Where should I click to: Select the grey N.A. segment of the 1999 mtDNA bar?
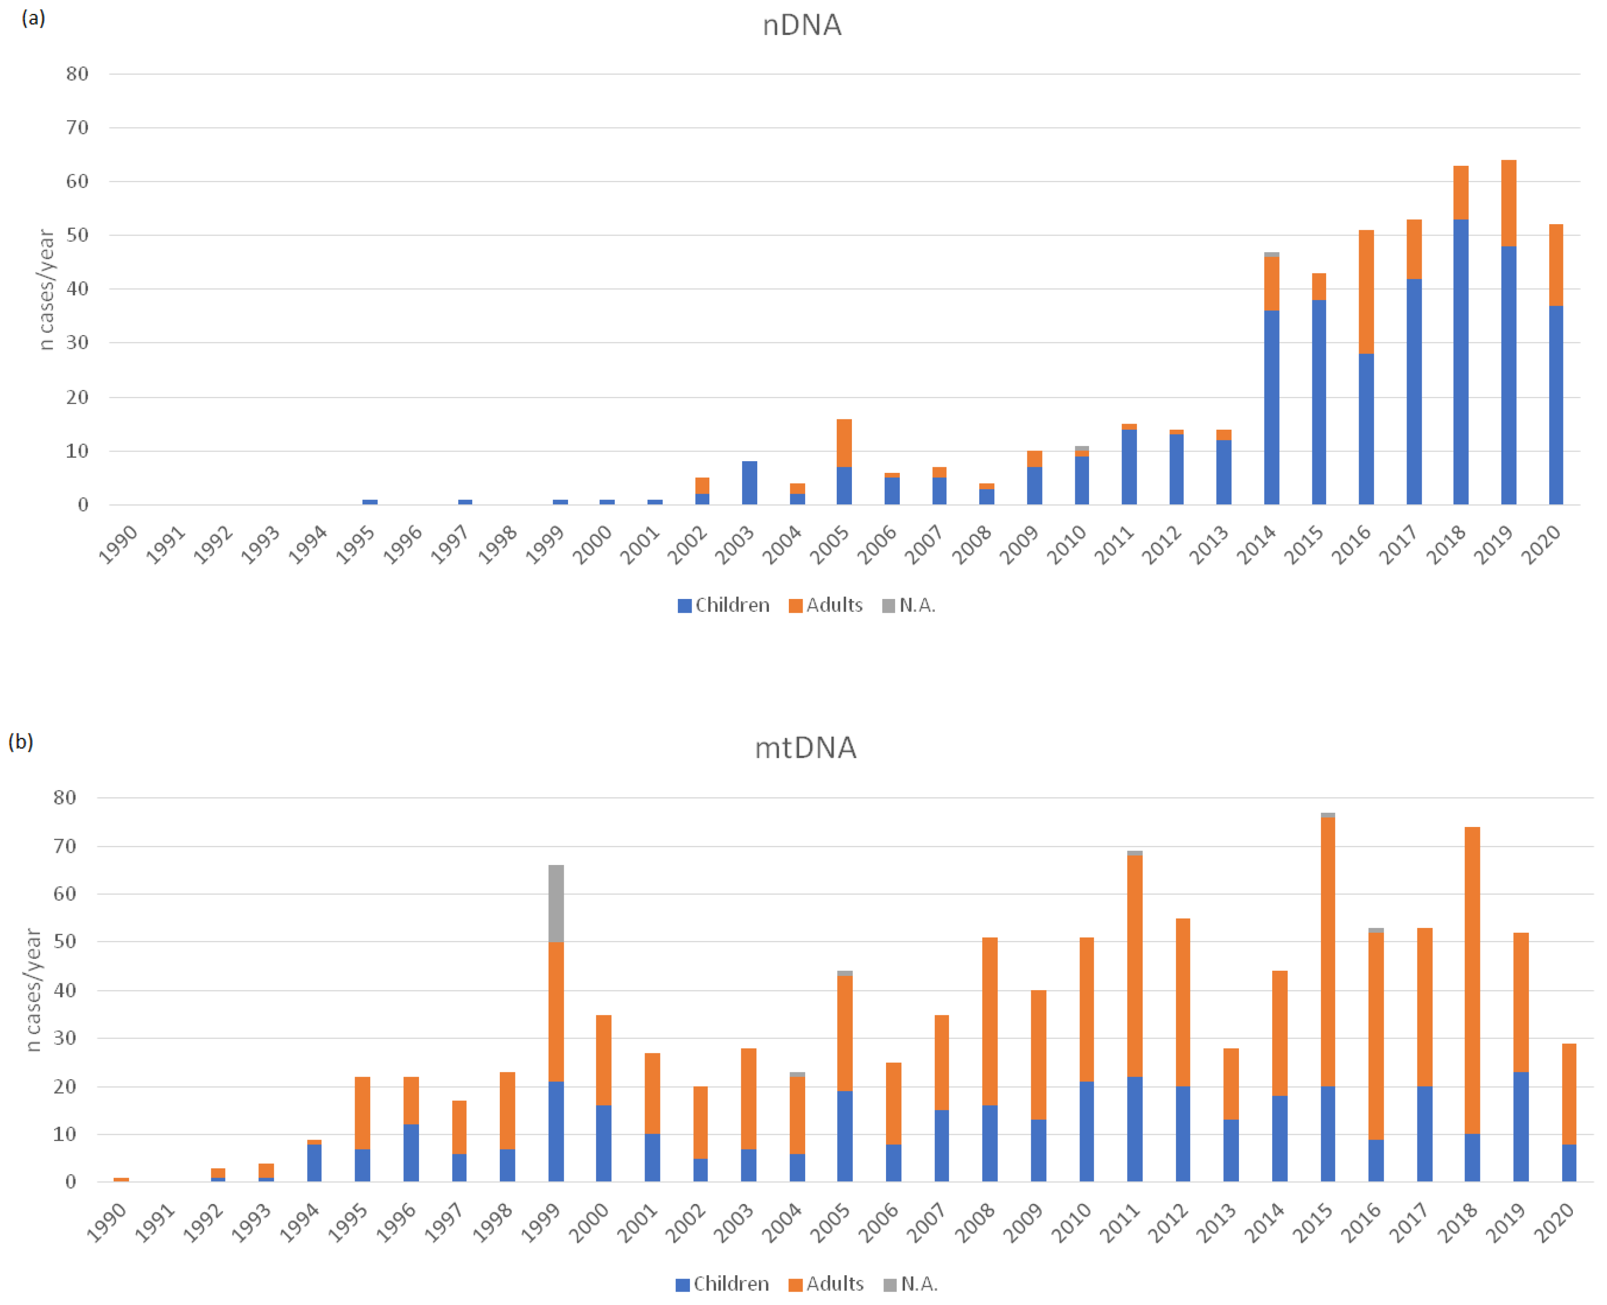[556, 903]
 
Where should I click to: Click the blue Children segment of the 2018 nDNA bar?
[1461, 361]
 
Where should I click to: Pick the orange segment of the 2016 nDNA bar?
[1366, 291]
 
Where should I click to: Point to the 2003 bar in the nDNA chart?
[749, 483]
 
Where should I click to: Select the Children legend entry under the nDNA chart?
[724, 605]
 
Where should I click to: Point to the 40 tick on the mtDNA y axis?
[65, 990]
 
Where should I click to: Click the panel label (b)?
[20, 742]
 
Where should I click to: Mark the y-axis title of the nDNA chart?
[47, 289]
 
